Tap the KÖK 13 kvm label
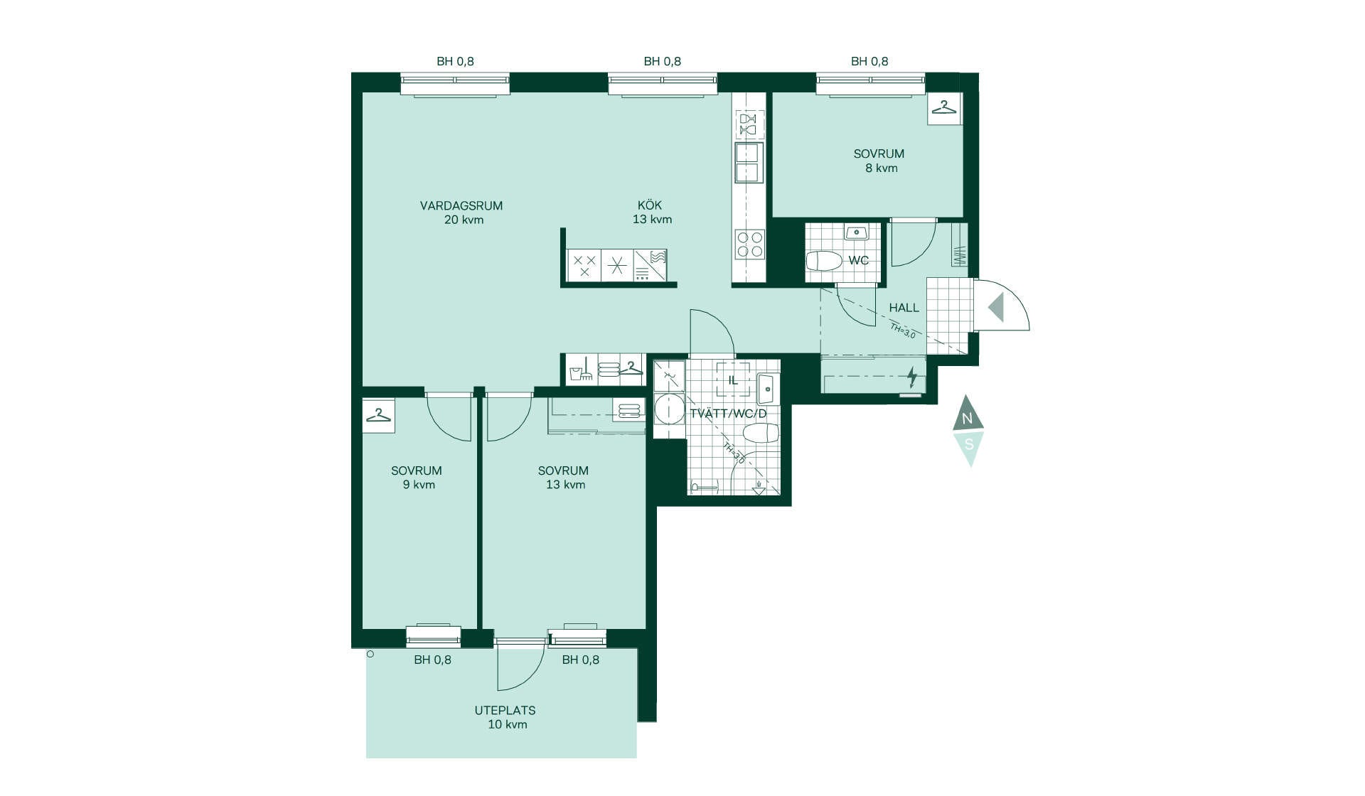(652, 213)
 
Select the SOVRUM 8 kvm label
(879, 161)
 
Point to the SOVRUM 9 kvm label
(417, 478)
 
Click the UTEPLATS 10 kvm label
(505, 717)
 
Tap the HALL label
(904, 308)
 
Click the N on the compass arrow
(967, 419)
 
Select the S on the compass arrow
(968, 445)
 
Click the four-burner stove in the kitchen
(749, 244)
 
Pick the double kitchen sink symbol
(749, 163)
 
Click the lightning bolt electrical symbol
(912, 377)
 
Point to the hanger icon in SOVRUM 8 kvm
(944, 108)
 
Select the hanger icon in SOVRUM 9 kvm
(379, 414)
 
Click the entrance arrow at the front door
(995, 307)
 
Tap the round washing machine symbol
(669, 410)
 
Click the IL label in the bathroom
(733, 380)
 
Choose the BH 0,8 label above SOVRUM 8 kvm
(869, 61)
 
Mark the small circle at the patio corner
(370, 654)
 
